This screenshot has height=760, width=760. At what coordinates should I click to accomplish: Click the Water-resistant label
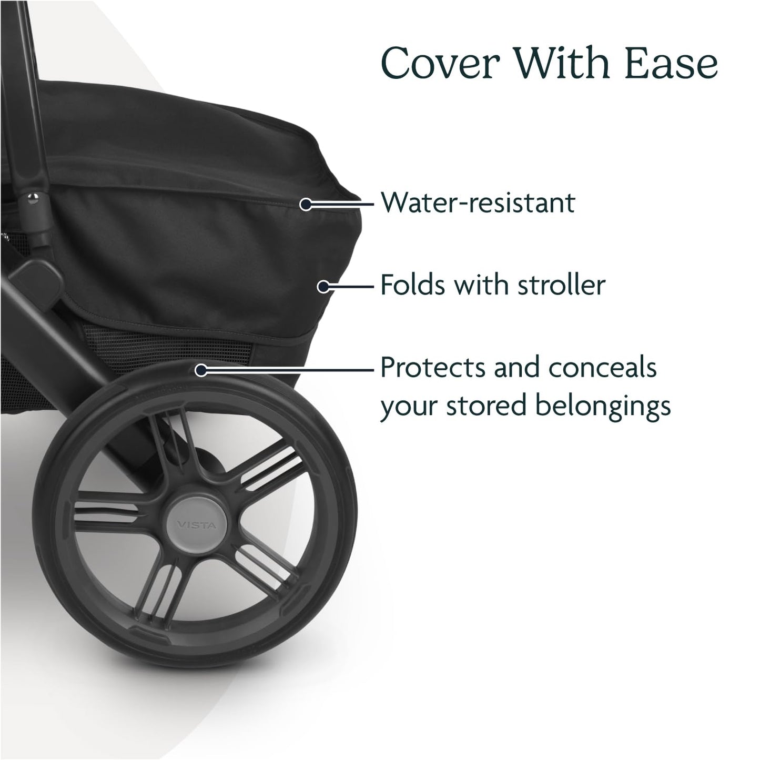(x=478, y=203)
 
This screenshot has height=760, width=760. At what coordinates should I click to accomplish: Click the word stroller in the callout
(x=561, y=286)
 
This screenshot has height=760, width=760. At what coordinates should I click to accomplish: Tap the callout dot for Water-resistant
(x=306, y=204)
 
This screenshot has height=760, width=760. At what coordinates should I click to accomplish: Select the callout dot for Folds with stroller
(x=323, y=286)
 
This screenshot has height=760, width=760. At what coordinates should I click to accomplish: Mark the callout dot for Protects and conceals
(x=200, y=370)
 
